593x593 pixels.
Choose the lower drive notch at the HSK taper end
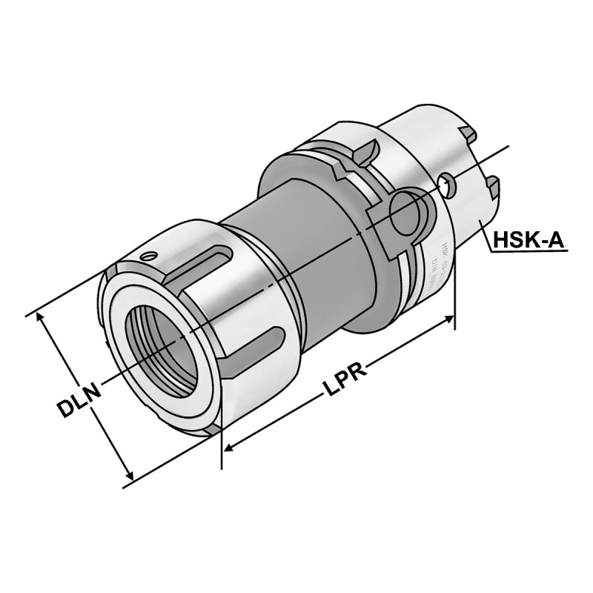coord(492,185)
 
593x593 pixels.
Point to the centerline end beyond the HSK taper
coord(508,146)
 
